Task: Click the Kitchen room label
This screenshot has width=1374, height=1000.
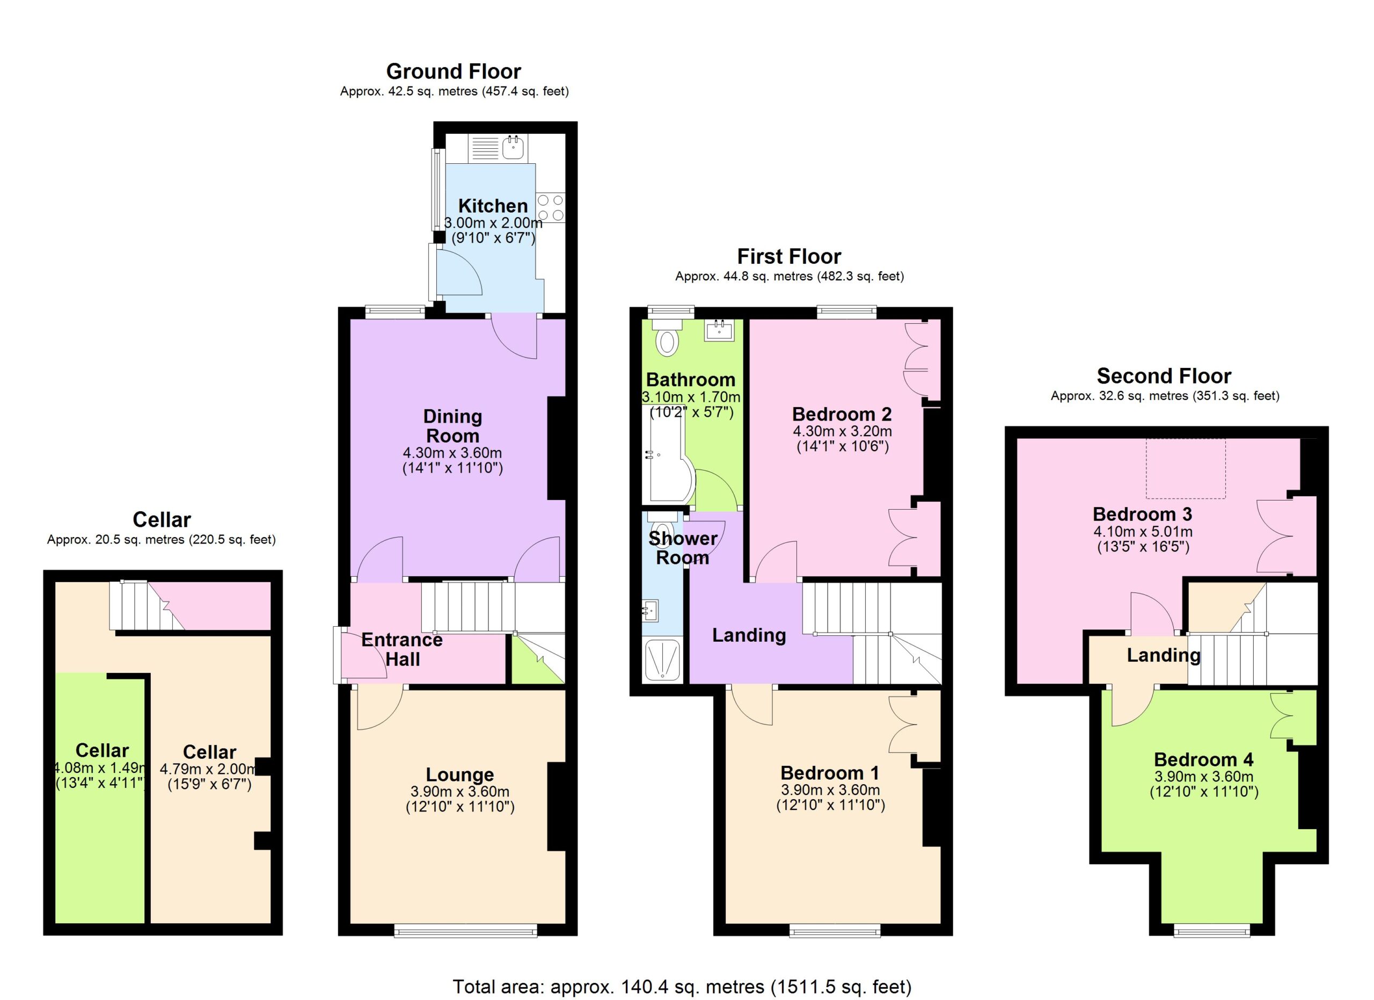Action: pyautogui.click(x=493, y=206)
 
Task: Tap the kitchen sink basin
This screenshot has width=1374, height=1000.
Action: pyautogui.click(x=513, y=147)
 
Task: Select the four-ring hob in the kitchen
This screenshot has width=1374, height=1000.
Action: pyautogui.click(x=551, y=207)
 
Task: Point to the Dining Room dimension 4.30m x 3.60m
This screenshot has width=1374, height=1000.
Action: pyautogui.click(x=452, y=453)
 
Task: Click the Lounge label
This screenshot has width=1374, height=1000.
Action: pyautogui.click(x=460, y=774)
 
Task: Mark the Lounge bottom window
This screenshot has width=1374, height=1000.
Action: pyautogui.click(x=465, y=930)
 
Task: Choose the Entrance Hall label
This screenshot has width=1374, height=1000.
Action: pyautogui.click(x=402, y=649)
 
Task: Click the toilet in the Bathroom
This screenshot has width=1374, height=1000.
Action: pyautogui.click(x=667, y=338)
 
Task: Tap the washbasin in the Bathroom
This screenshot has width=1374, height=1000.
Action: pyautogui.click(x=719, y=330)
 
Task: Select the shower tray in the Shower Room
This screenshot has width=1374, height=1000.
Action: pyautogui.click(x=662, y=661)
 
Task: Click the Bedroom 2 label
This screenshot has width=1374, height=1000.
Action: pyautogui.click(x=842, y=414)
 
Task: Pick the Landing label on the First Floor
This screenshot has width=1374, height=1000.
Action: pyautogui.click(x=749, y=635)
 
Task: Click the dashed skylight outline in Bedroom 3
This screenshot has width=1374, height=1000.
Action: pyautogui.click(x=1186, y=468)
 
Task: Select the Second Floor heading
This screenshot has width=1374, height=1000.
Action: pyautogui.click(x=1164, y=376)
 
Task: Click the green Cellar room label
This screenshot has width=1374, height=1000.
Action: pyautogui.click(x=102, y=750)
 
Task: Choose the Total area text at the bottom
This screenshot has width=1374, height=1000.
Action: pyautogui.click(x=682, y=987)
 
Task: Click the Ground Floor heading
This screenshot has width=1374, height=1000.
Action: pyautogui.click(x=454, y=71)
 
